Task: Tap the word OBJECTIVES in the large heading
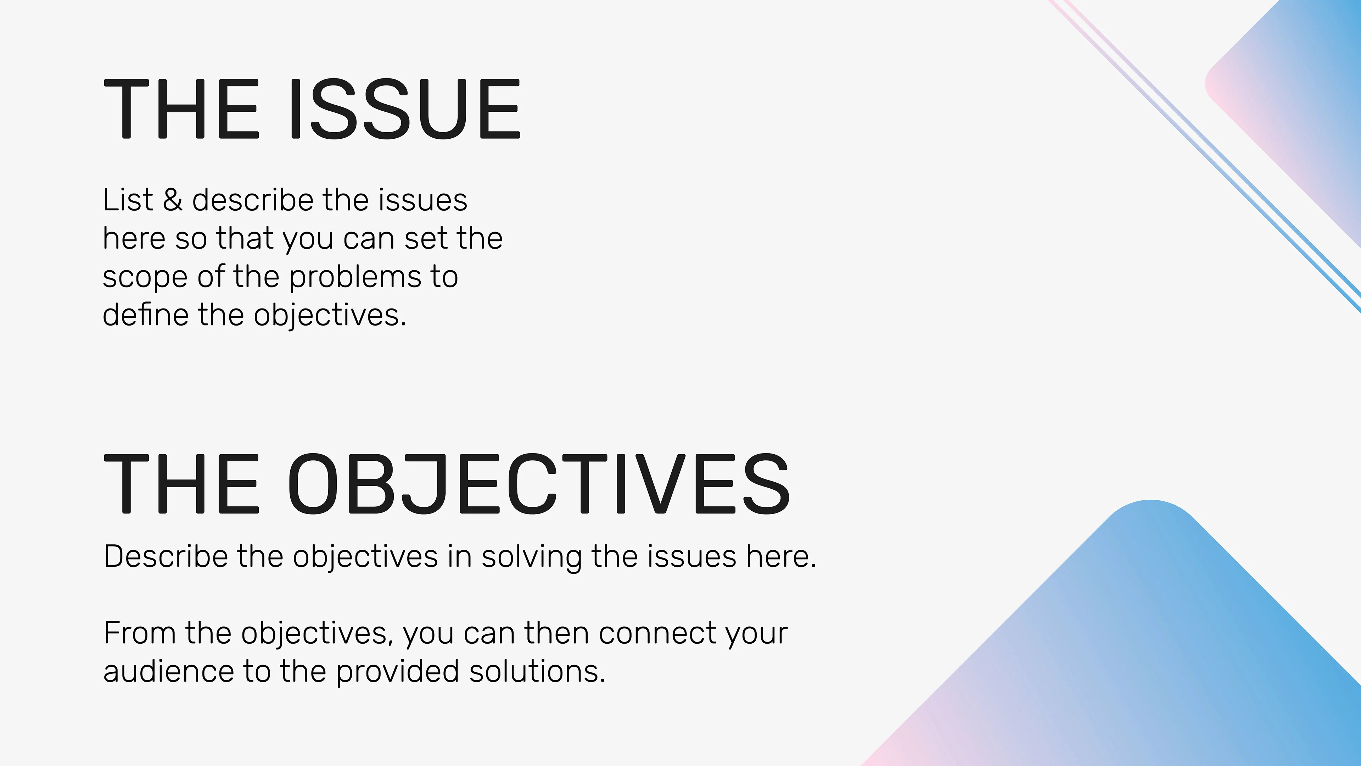[539, 484]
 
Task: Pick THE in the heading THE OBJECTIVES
[181, 484]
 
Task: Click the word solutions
[537, 671]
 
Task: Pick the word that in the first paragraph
[245, 238]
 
